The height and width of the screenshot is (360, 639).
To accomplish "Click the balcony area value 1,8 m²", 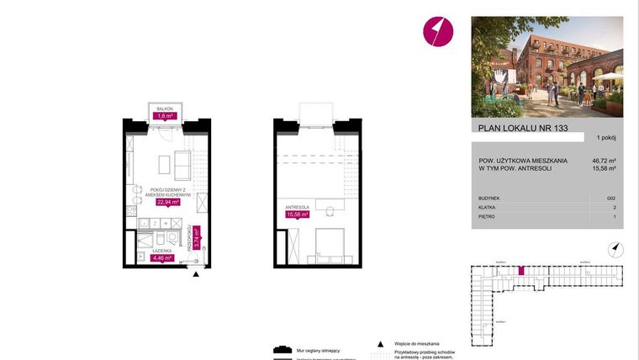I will (165, 118).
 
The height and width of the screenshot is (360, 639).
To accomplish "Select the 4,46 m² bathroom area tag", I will (161, 258).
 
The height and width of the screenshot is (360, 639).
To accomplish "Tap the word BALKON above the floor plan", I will (164, 109).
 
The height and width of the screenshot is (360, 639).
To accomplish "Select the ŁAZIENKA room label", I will (161, 250).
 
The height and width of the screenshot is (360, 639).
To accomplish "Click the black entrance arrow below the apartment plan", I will (197, 274).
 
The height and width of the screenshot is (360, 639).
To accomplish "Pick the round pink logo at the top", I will (437, 32).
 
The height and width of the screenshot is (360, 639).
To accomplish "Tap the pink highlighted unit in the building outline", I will (520, 271).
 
